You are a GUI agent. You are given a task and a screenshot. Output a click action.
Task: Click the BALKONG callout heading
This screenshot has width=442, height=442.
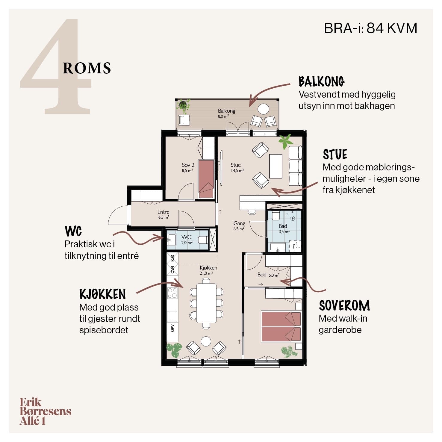[x=322, y=81]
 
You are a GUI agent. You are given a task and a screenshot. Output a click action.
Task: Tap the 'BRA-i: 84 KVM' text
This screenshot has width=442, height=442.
[x=370, y=28]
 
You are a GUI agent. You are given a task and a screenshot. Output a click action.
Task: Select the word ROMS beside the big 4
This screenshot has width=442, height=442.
[x=87, y=68]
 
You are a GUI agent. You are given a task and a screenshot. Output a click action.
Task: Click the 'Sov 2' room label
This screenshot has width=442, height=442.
[x=188, y=165]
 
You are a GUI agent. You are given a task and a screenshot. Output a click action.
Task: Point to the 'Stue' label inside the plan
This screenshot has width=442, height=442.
[x=236, y=165]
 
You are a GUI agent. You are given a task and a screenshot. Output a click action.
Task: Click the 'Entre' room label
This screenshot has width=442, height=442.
[x=164, y=212]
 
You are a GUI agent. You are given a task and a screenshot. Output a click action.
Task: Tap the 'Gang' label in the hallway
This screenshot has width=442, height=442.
[x=239, y=223]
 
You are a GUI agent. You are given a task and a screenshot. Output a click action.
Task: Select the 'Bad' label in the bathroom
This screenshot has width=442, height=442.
[x=283, y=226]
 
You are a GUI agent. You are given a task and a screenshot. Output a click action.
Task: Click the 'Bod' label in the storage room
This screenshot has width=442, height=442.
[x=262, y=275]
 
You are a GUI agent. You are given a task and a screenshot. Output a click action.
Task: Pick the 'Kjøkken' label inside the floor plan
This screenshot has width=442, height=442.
[x=208, y=268]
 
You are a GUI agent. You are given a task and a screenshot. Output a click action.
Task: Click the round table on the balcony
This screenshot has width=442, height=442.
[x=264, y=109]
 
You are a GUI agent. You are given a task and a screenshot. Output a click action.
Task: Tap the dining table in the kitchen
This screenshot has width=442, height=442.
[x=206, y=303]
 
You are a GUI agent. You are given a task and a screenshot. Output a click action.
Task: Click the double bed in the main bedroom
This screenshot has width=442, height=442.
[x=281, y=326]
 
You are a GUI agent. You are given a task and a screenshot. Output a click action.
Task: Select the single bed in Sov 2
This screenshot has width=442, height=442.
[x=206, y=179]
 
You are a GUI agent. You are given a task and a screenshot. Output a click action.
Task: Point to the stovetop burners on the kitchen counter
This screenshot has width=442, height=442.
[x=172, y=293]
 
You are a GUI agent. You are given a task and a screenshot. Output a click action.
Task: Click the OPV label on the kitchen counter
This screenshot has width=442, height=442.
[x=172, y=328]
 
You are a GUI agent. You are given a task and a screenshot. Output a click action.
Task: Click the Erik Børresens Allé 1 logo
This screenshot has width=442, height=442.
[x=45, y=411]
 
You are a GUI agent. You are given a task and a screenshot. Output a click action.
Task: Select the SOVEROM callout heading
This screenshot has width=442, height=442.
[x=344, y=306]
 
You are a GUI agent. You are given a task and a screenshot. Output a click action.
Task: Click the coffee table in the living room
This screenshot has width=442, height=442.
[x=276, y=166]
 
